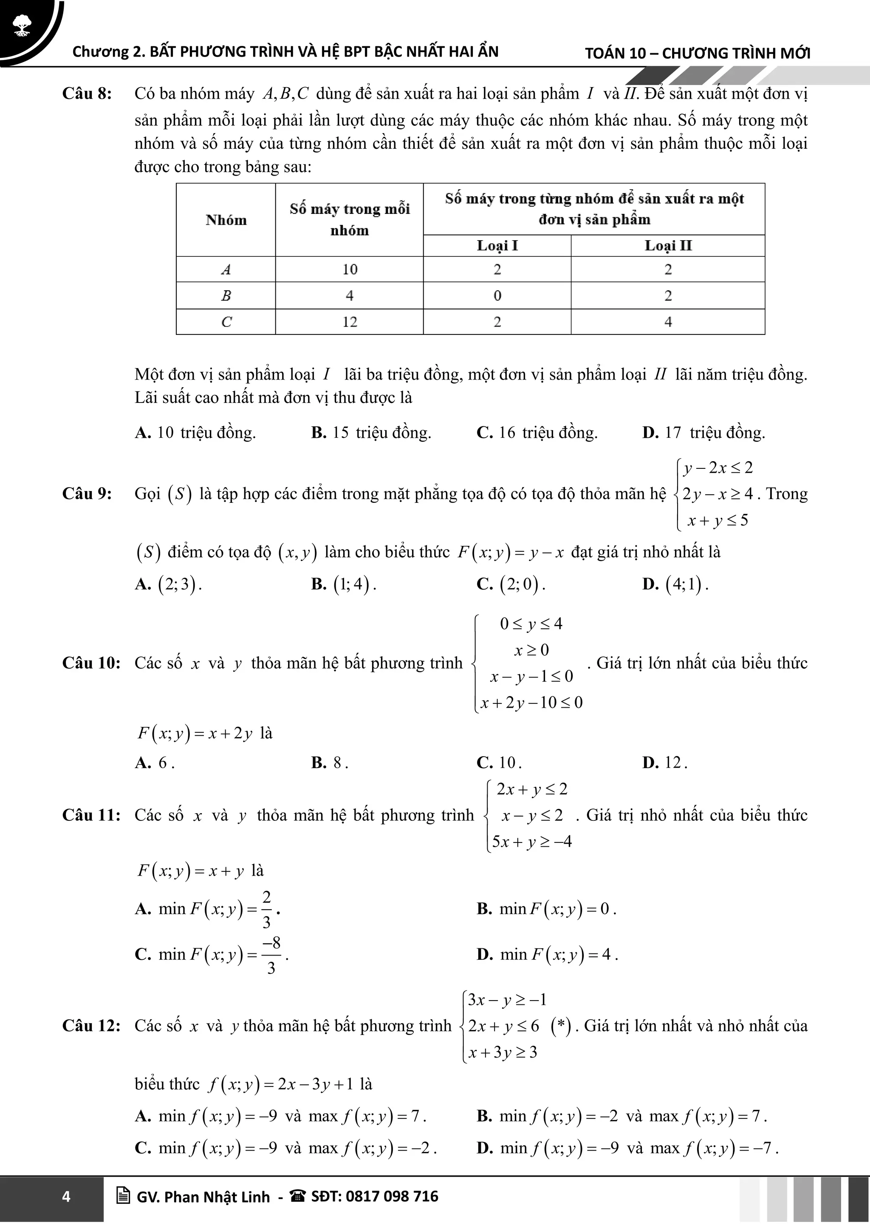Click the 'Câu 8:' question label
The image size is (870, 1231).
click(87, 94)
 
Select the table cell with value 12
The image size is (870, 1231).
click(349, 322)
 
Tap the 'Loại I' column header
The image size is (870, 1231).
click(497, 246)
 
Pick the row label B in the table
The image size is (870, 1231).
click(226, 295)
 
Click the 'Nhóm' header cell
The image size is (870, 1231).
click(226, 220)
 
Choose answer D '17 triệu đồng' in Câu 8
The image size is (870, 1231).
click(703, 433)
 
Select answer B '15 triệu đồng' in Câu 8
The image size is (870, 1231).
click(371, 433)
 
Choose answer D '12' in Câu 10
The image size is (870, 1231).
click(665, 763)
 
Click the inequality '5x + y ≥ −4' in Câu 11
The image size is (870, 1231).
click(531, 841)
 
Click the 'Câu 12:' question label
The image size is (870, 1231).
click(91, 1026)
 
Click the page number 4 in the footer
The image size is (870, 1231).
click(66, 1197)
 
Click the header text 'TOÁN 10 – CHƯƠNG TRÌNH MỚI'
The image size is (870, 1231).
click(697, 53)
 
